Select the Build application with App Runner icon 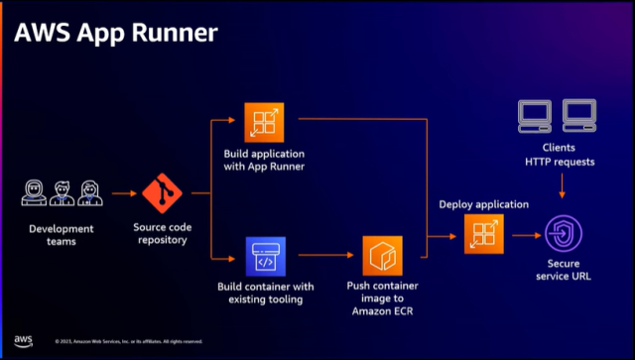[x=265, y=123]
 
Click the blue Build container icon [x=265, y=255]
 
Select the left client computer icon [x=536, y=116]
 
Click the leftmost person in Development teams [x=36, y=193]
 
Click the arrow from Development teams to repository [x=122, y=194]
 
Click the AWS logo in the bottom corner [x=22, y=340]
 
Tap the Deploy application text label [x=483, y=204]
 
